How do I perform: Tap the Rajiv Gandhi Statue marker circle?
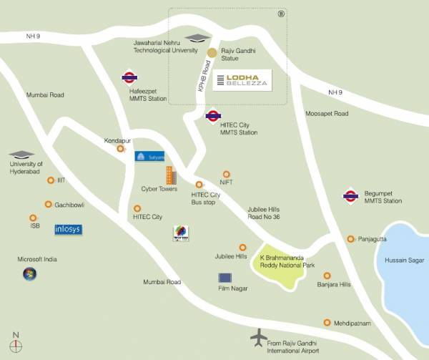pos(212,52)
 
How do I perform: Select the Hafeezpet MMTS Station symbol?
pos(130,77)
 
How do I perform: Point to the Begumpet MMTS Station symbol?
pos(350,194)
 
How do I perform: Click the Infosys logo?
pos(69,230)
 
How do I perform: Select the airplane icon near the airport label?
pos(257,336)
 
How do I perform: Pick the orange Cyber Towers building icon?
pos(169,176)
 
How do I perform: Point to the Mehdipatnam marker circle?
pos(327,323)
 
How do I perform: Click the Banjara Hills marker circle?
pos(327,275)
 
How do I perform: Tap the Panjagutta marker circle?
pos(350,239)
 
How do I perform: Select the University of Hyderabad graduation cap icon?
pos(21,154)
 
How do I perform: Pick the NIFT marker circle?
pos(227,173)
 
